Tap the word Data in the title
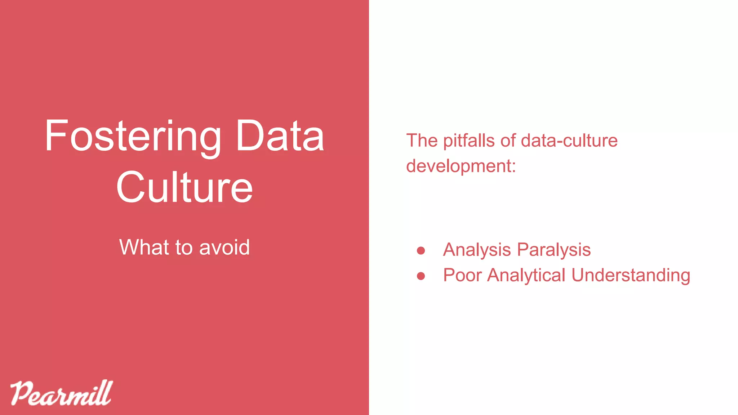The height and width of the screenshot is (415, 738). [x=280, y=136]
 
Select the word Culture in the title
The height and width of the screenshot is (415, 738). [x=184, y=187]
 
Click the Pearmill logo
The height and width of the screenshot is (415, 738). [x=61, y=393]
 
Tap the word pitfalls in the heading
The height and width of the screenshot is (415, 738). [x=469, y=140]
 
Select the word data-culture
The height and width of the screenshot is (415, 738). [x=569, y=140]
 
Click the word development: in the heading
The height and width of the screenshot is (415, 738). [x=461, y=166]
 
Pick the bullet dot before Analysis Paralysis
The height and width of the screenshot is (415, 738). [x=421, y=250]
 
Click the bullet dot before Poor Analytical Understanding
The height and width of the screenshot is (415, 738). [x=421, y=276]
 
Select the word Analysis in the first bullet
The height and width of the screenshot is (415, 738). [x=477, y=250]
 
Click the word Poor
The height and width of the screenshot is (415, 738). [x=462, y=275]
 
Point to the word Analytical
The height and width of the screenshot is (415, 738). [x=526, y=275]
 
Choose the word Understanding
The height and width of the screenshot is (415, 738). [x=631, y=275]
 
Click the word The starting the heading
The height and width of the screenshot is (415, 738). [x=422, y=140]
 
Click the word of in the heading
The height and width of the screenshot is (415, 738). [x=508, y=140]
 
